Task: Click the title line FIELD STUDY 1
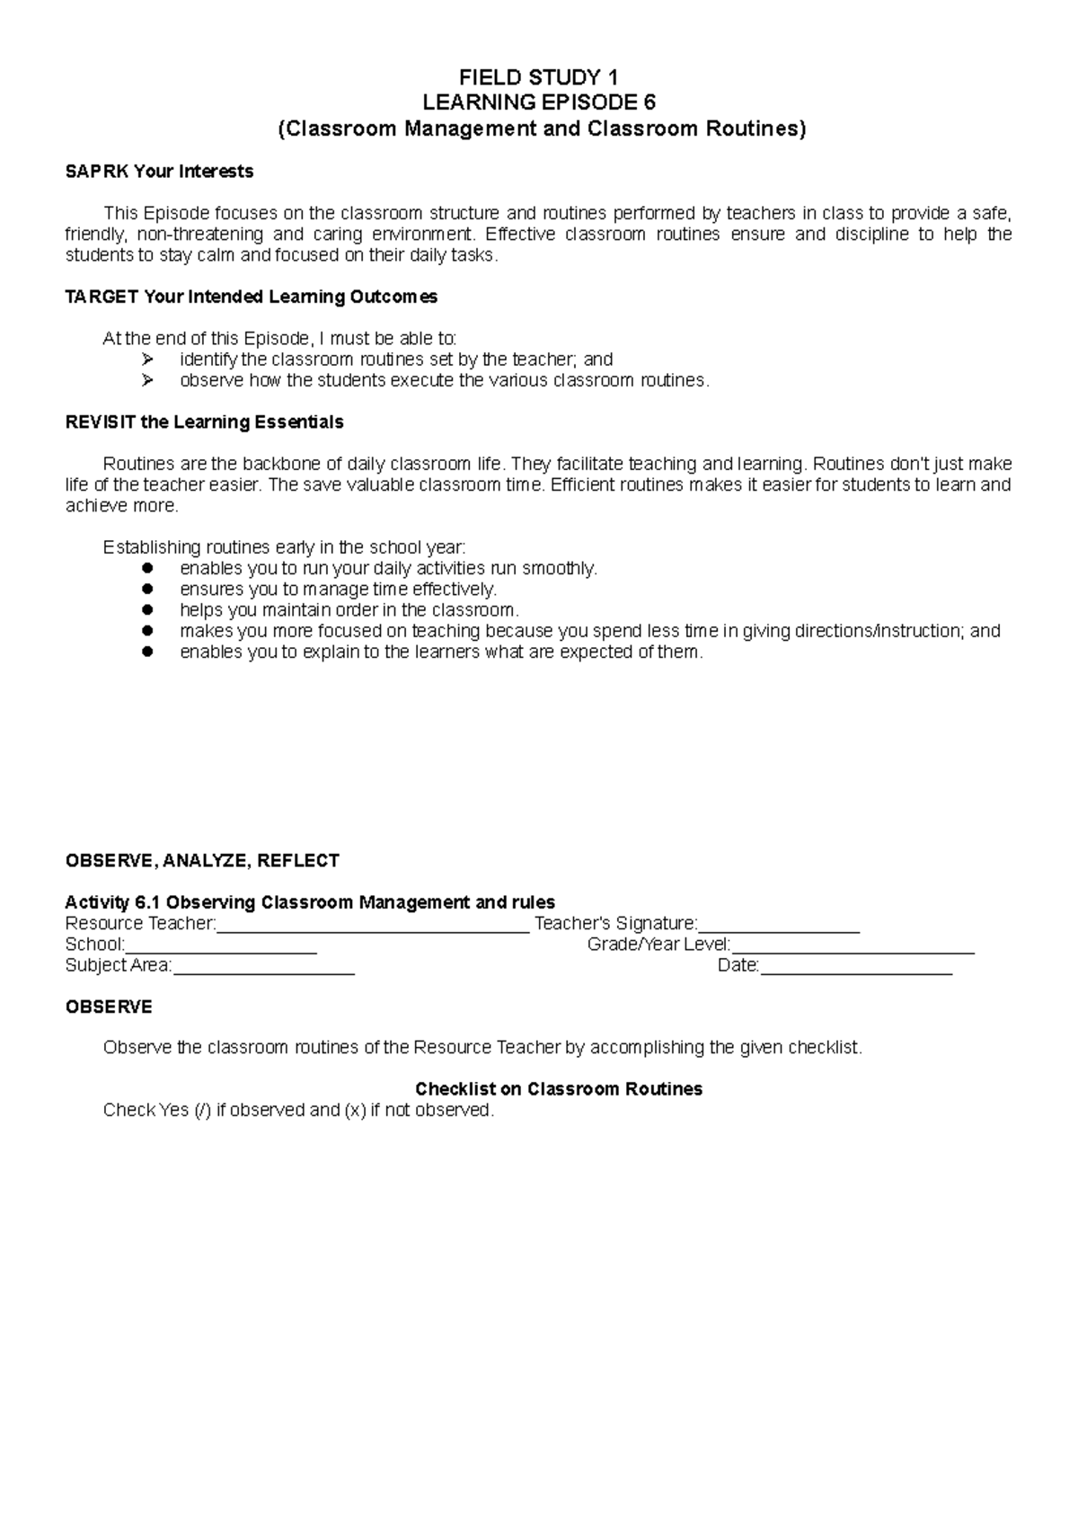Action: point(538,77)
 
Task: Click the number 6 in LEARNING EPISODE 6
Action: point(649,102)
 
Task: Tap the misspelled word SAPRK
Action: point(96,171)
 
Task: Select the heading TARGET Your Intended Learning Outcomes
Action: point(252,297)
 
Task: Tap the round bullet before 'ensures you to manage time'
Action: point(149,590)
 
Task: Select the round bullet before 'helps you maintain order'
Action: point(149,610)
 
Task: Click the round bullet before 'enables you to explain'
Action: point(149,652)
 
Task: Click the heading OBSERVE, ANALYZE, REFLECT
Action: point(202,860)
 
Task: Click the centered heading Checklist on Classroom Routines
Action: point(558,1089)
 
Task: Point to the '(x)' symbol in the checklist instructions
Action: point(355,1110)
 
